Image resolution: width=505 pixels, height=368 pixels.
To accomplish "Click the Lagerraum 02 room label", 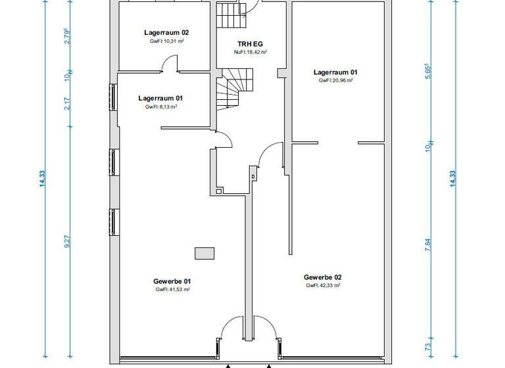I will coord(167,32).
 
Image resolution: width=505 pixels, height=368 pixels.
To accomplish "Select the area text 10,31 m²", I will coord(167,41).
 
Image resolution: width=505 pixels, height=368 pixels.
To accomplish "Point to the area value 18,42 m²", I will coord(250,52).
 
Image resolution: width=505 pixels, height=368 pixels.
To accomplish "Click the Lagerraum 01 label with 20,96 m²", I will coord(335,72).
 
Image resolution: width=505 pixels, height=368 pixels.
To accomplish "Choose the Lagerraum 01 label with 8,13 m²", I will coord(160,97).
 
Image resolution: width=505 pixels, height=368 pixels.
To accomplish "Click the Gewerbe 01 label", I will coord(173,281).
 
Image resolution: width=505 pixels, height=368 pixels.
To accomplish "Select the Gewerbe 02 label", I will coord(322,277).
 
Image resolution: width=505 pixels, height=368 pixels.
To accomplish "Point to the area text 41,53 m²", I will coord(173,290).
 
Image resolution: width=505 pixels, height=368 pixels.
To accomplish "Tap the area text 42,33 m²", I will coord(322,286).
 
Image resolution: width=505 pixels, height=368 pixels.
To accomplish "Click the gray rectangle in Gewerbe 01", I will coord(204,252).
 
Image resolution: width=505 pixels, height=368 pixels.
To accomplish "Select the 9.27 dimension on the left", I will coord(67,241).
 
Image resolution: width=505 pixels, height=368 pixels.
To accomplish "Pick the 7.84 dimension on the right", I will coord(429,244).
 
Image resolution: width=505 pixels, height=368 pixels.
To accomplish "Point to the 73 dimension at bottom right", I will coord(429,347).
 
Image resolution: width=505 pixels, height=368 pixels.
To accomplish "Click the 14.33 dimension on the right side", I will coord(453,179).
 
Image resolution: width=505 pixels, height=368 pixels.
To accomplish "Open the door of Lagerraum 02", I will coord(169,64).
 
